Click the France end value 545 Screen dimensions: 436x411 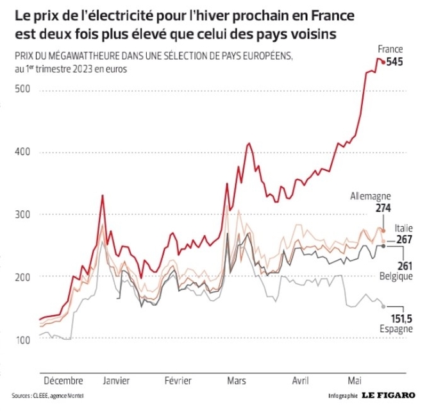click(394, 62)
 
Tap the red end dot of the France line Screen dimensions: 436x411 click(383, 63)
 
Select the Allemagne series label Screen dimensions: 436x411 click(371, 196)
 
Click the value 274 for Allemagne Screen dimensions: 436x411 click(383, 208)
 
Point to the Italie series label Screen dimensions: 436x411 click(404, 228)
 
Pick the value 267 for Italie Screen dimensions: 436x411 click(405, 240)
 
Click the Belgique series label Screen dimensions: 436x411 click(396, 276)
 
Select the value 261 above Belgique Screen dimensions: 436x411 click(405, 266)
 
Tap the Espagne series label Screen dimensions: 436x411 click(396, 329)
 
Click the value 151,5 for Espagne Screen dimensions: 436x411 click(401, 319)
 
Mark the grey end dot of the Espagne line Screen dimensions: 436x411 click(383, 306)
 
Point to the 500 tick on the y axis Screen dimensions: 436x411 click(22, 89)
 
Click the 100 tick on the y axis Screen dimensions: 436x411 click(23, 340)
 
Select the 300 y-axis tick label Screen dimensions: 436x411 click(22, 215)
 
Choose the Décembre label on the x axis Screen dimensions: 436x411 click(63, 380)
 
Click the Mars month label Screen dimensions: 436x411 click(237, 380)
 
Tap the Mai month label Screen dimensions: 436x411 click(355, 380)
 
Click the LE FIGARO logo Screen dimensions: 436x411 click(389, 395)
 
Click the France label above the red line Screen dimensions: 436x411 click(390, 49)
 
